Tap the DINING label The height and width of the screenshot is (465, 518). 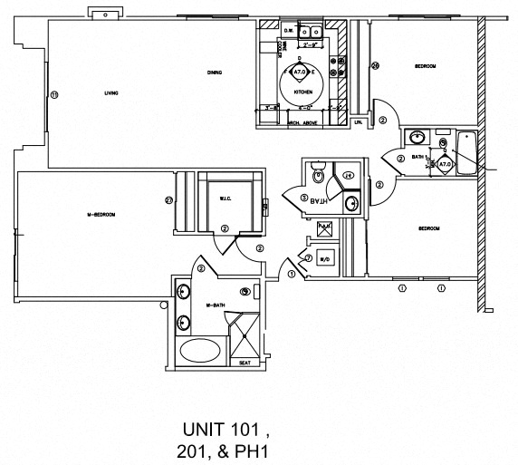214,73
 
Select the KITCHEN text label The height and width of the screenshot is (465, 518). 302,92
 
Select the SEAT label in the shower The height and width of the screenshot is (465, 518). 245,363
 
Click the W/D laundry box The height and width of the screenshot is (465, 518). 328,258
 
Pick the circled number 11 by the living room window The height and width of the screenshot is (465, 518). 53,94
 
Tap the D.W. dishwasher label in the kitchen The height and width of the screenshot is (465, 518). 288,31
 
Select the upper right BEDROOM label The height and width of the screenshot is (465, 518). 426,66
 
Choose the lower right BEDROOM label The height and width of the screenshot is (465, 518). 427,229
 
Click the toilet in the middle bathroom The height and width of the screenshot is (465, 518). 316,172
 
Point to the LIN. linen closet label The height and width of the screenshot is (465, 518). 359,121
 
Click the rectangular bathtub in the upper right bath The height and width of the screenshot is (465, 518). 468,153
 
